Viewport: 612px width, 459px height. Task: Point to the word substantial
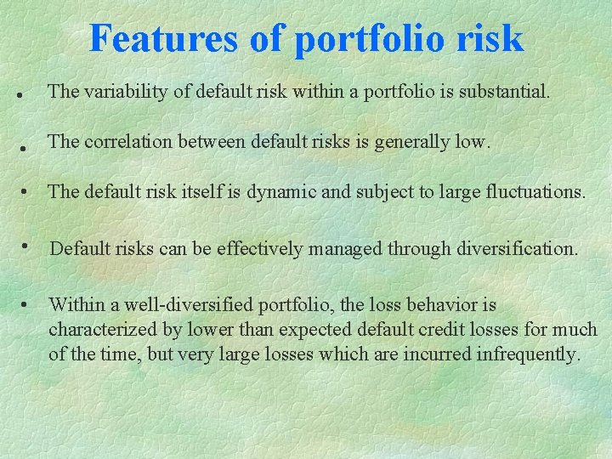[504, 92]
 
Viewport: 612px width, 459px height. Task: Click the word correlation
[123, 142]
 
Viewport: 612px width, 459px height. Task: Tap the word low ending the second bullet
[473, 142]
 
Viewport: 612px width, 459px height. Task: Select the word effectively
[259, 249]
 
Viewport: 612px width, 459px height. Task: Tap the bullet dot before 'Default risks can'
[28, 246]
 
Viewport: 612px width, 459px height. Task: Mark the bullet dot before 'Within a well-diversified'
[27, 303]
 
